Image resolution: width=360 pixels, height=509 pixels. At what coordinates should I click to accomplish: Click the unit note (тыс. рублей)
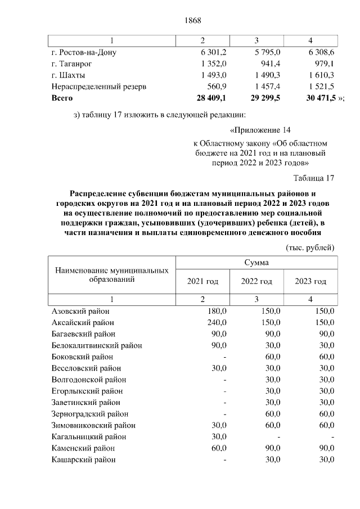pyautogui.click(x=310, y=247)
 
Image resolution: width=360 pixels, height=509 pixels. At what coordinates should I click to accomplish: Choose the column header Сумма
pyautogui.click(x=256, y=263)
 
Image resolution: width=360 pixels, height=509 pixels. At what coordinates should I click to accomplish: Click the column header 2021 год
pyautogui.click(x=202, y=281)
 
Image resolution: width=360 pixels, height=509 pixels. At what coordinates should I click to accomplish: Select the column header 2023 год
pyautogui.click(x=310, y=281)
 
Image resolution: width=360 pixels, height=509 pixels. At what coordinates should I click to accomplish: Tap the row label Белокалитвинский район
pyautogui.click(x=96, y=345)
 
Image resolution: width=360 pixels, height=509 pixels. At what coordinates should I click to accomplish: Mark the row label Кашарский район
pyautogui.click(x=84, y=460)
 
